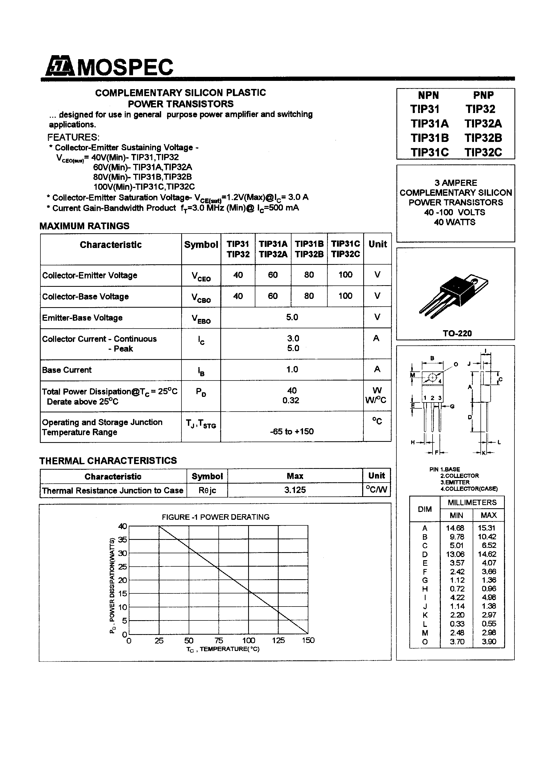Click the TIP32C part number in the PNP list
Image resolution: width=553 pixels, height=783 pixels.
483,152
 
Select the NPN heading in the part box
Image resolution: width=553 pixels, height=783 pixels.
428,95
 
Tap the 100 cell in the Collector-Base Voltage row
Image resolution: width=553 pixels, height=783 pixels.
345,296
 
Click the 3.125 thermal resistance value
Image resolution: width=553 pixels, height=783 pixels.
295,490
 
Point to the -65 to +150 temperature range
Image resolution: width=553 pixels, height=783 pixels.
291,431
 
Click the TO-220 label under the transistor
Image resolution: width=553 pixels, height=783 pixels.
457,333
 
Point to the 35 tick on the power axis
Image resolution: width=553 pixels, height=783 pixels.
122,540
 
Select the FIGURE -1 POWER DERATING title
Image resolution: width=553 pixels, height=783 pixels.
215,517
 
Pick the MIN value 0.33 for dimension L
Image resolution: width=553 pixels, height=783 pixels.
457,624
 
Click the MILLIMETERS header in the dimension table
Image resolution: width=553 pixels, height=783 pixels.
472,502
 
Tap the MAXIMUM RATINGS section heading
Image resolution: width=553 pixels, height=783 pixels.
84,226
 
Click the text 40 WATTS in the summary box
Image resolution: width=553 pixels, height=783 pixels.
454,222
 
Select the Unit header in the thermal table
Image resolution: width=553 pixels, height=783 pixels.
376,476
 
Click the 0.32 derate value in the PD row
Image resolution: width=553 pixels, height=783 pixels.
290,400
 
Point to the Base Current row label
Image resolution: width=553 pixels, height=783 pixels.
67,370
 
